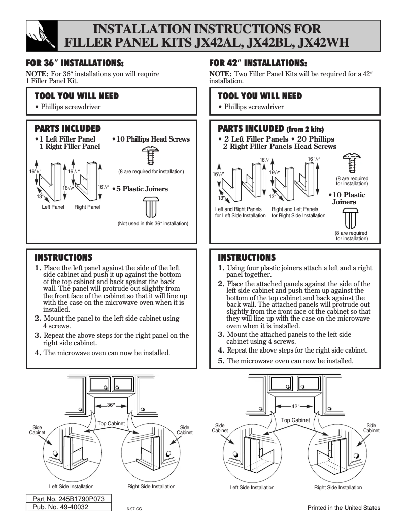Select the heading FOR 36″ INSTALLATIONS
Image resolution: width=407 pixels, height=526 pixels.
pos(75,64)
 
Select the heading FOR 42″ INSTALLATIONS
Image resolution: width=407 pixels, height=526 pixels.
pos(258,64)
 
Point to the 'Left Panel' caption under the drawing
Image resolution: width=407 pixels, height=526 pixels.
pos(53,207)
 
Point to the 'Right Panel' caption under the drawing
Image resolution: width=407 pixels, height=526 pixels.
pos(87,207)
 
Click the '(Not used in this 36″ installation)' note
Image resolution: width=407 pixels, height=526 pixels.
pos(153,223)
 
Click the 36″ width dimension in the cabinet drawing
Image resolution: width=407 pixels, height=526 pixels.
pos(112,405)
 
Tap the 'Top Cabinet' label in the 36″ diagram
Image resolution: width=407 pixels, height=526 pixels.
pos(111,423)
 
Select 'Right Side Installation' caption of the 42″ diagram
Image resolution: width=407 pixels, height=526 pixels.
pos(338,487)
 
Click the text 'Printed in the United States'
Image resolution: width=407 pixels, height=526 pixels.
pos(344,508)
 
